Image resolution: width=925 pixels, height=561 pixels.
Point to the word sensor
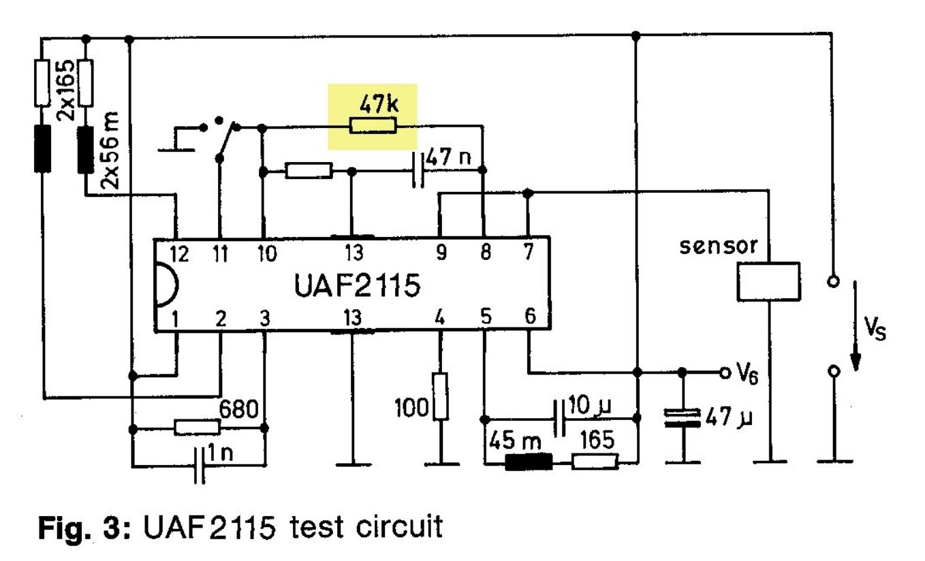tap(719, 246)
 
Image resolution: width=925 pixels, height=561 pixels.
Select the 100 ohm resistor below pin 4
tap(441, 396)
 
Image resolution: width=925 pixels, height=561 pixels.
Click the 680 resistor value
tap(239, 410)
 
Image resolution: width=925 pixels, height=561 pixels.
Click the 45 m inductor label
tap(512, 441)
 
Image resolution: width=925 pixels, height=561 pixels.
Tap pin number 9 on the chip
tap(441, 254)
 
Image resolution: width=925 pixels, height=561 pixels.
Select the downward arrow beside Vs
tap(853, 330)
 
